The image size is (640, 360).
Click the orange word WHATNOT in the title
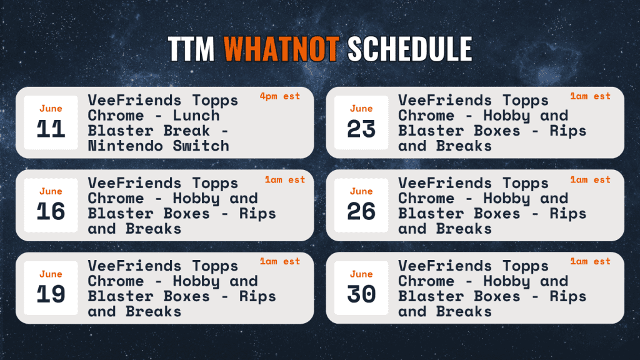point(282,49)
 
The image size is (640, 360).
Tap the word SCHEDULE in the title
point(410,49)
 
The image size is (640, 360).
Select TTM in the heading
point(191,49)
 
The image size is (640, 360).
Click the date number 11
point(51,129)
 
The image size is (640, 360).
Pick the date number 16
point(51,211)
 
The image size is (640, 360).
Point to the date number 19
point(51,294)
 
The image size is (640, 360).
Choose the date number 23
point(361,129)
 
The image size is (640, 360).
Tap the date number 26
point(361,211)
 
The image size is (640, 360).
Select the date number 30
point(361,294)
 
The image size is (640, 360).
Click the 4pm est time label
point(280,96)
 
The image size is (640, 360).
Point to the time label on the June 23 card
point(590,96)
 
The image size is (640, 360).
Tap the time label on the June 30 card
point(590,261)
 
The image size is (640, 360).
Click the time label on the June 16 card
point(285,179)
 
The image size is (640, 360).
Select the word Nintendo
point(125,146)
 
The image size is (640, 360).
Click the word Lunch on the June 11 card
point(196,116)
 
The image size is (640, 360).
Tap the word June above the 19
point(51,274)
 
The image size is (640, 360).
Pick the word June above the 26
point(361,191)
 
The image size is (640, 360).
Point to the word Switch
point(201,146)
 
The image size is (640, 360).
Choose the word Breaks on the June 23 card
point(464,146)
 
